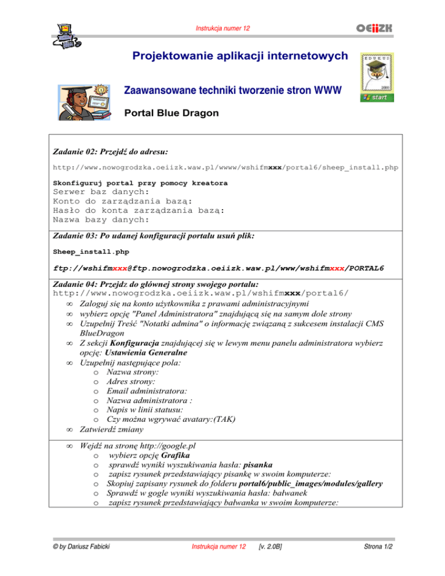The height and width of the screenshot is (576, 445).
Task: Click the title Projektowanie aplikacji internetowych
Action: pyautogui.click(x=240, y=56)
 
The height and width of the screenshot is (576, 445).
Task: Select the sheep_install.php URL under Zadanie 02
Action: pyautogui.click(x=225, y=167)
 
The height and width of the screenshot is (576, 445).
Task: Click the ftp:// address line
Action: pyautogui.click(x=218, y=268)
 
